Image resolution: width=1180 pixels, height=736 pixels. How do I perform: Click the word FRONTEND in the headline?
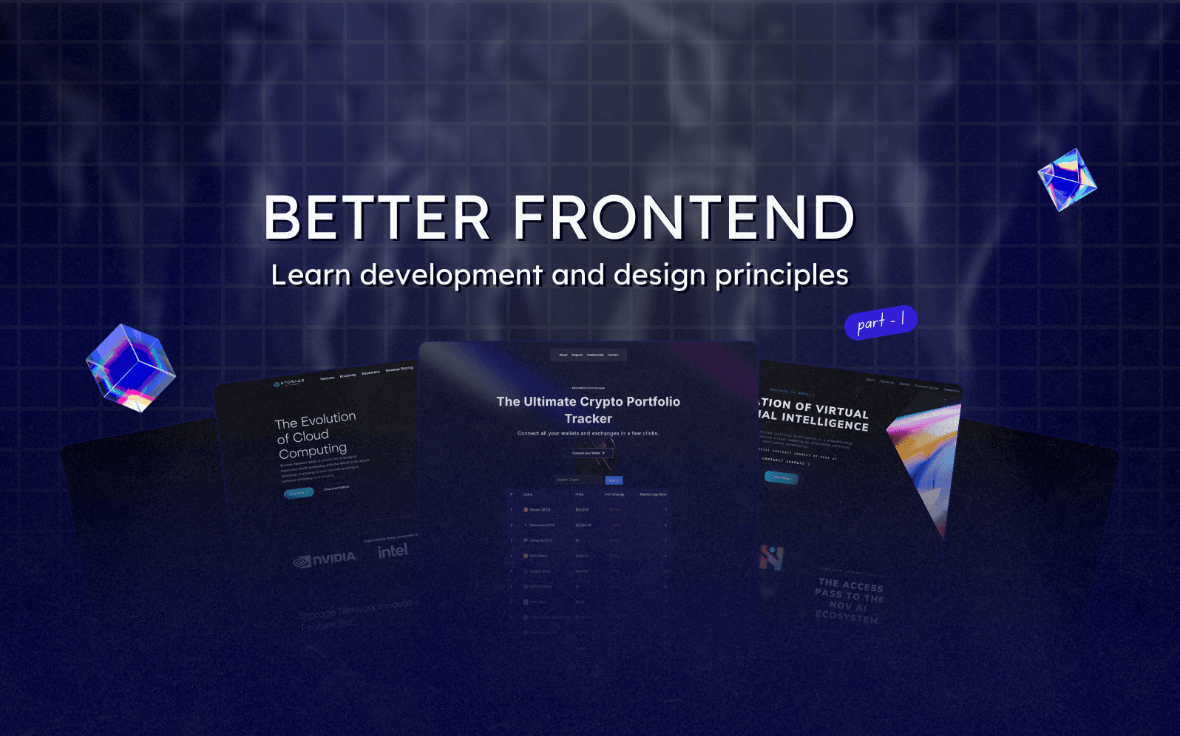[x=684, y=218]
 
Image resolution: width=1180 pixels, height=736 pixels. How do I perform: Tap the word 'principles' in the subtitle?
[x=781, y=275]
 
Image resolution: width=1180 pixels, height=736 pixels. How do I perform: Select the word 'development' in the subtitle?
[x=451, y=275]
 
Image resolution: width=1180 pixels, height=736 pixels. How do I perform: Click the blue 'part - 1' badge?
[x=881, y=322]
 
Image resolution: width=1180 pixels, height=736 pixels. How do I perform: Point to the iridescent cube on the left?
[x=131, y=367]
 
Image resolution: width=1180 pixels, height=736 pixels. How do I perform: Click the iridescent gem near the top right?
[x=1067, y=180]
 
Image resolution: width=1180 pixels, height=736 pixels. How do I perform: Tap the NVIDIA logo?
[x=325, y=559]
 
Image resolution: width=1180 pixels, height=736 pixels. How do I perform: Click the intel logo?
[x=393, y=551]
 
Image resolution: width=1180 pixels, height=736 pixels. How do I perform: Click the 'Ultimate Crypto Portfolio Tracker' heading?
[x=589, y=409]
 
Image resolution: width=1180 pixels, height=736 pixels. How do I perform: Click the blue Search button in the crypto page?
[x=614, y=480]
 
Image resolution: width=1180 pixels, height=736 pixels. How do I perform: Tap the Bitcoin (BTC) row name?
[x=540, y=510]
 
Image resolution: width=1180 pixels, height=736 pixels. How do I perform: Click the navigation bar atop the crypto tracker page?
[x=589, y=355]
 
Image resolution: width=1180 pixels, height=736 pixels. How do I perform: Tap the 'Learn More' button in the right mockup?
[x=781, y=477]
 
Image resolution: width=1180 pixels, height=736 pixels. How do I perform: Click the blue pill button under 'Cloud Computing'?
[x=298, y=493]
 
